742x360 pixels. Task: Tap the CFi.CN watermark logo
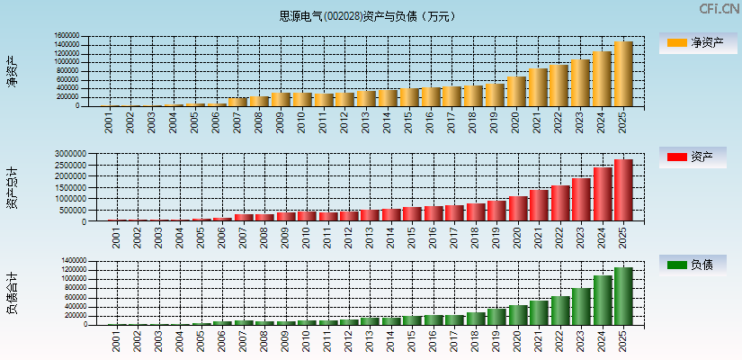pyautogui.click(x=720, y=9)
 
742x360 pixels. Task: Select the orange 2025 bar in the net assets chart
pyautogui.click(x=623, y=74)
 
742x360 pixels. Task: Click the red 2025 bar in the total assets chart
pyautogui.click(x=623, y=190)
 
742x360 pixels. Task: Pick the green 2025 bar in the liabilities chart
pyautogui.click(x=623, y=296)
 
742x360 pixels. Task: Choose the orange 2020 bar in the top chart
pyautogui.click(x=515, y=91)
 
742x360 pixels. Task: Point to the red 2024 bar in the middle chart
pyautogui.click(x=602, y=194)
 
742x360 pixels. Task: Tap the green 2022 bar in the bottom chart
pyautogui.click(x=559, y=310)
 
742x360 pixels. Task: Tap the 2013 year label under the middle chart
pyautogui.click(x=367, y=238)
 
